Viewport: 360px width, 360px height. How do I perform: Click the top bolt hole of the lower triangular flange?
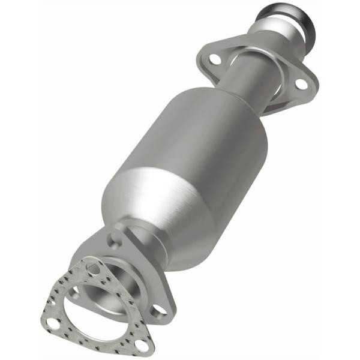point(114,241)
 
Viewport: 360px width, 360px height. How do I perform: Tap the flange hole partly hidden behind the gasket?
point(74,293)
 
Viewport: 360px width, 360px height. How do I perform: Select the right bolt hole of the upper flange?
point(301,84)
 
